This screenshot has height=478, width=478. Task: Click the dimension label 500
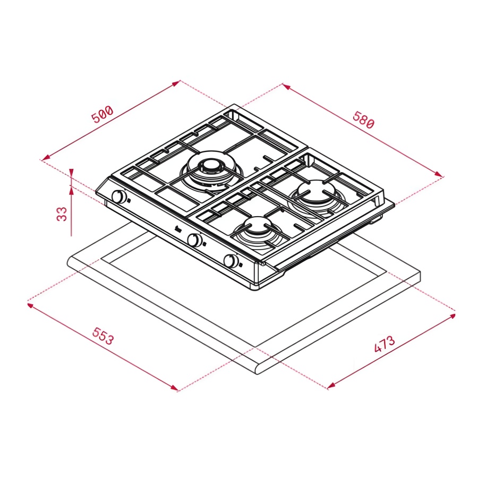pos(103,114)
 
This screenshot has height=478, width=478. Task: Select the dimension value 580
pos(363,120)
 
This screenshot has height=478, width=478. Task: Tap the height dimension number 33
pos(62,214)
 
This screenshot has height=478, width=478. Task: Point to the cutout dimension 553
pos(103,336)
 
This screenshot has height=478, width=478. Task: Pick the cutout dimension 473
pos(385,344)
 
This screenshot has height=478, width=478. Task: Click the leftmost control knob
pos(119,197)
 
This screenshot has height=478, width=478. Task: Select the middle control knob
pos(194,240)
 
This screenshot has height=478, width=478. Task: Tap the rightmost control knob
pos(231,261)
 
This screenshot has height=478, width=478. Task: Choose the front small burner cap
pos(257,225)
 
